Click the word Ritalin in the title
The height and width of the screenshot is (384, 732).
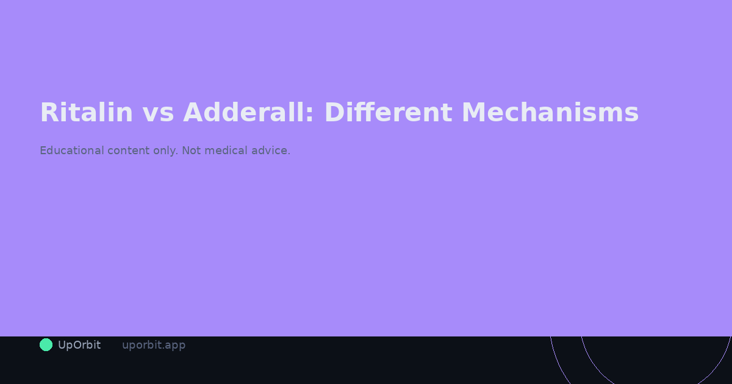(86, 113)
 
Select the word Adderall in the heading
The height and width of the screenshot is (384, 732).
(244, 113)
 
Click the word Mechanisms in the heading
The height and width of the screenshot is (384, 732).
(550, 113)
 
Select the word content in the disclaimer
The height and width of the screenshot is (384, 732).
(128, 151)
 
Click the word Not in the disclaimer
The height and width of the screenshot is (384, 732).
(191, 151)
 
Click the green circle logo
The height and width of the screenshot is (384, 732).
(46, 345)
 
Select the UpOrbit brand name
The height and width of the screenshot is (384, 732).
(79, 345)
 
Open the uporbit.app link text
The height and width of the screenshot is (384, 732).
(154, 345)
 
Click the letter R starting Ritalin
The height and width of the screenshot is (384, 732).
(49, 113)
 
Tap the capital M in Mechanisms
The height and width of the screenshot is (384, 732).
(475, 113)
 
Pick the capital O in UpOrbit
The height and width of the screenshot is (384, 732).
(77, 345)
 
